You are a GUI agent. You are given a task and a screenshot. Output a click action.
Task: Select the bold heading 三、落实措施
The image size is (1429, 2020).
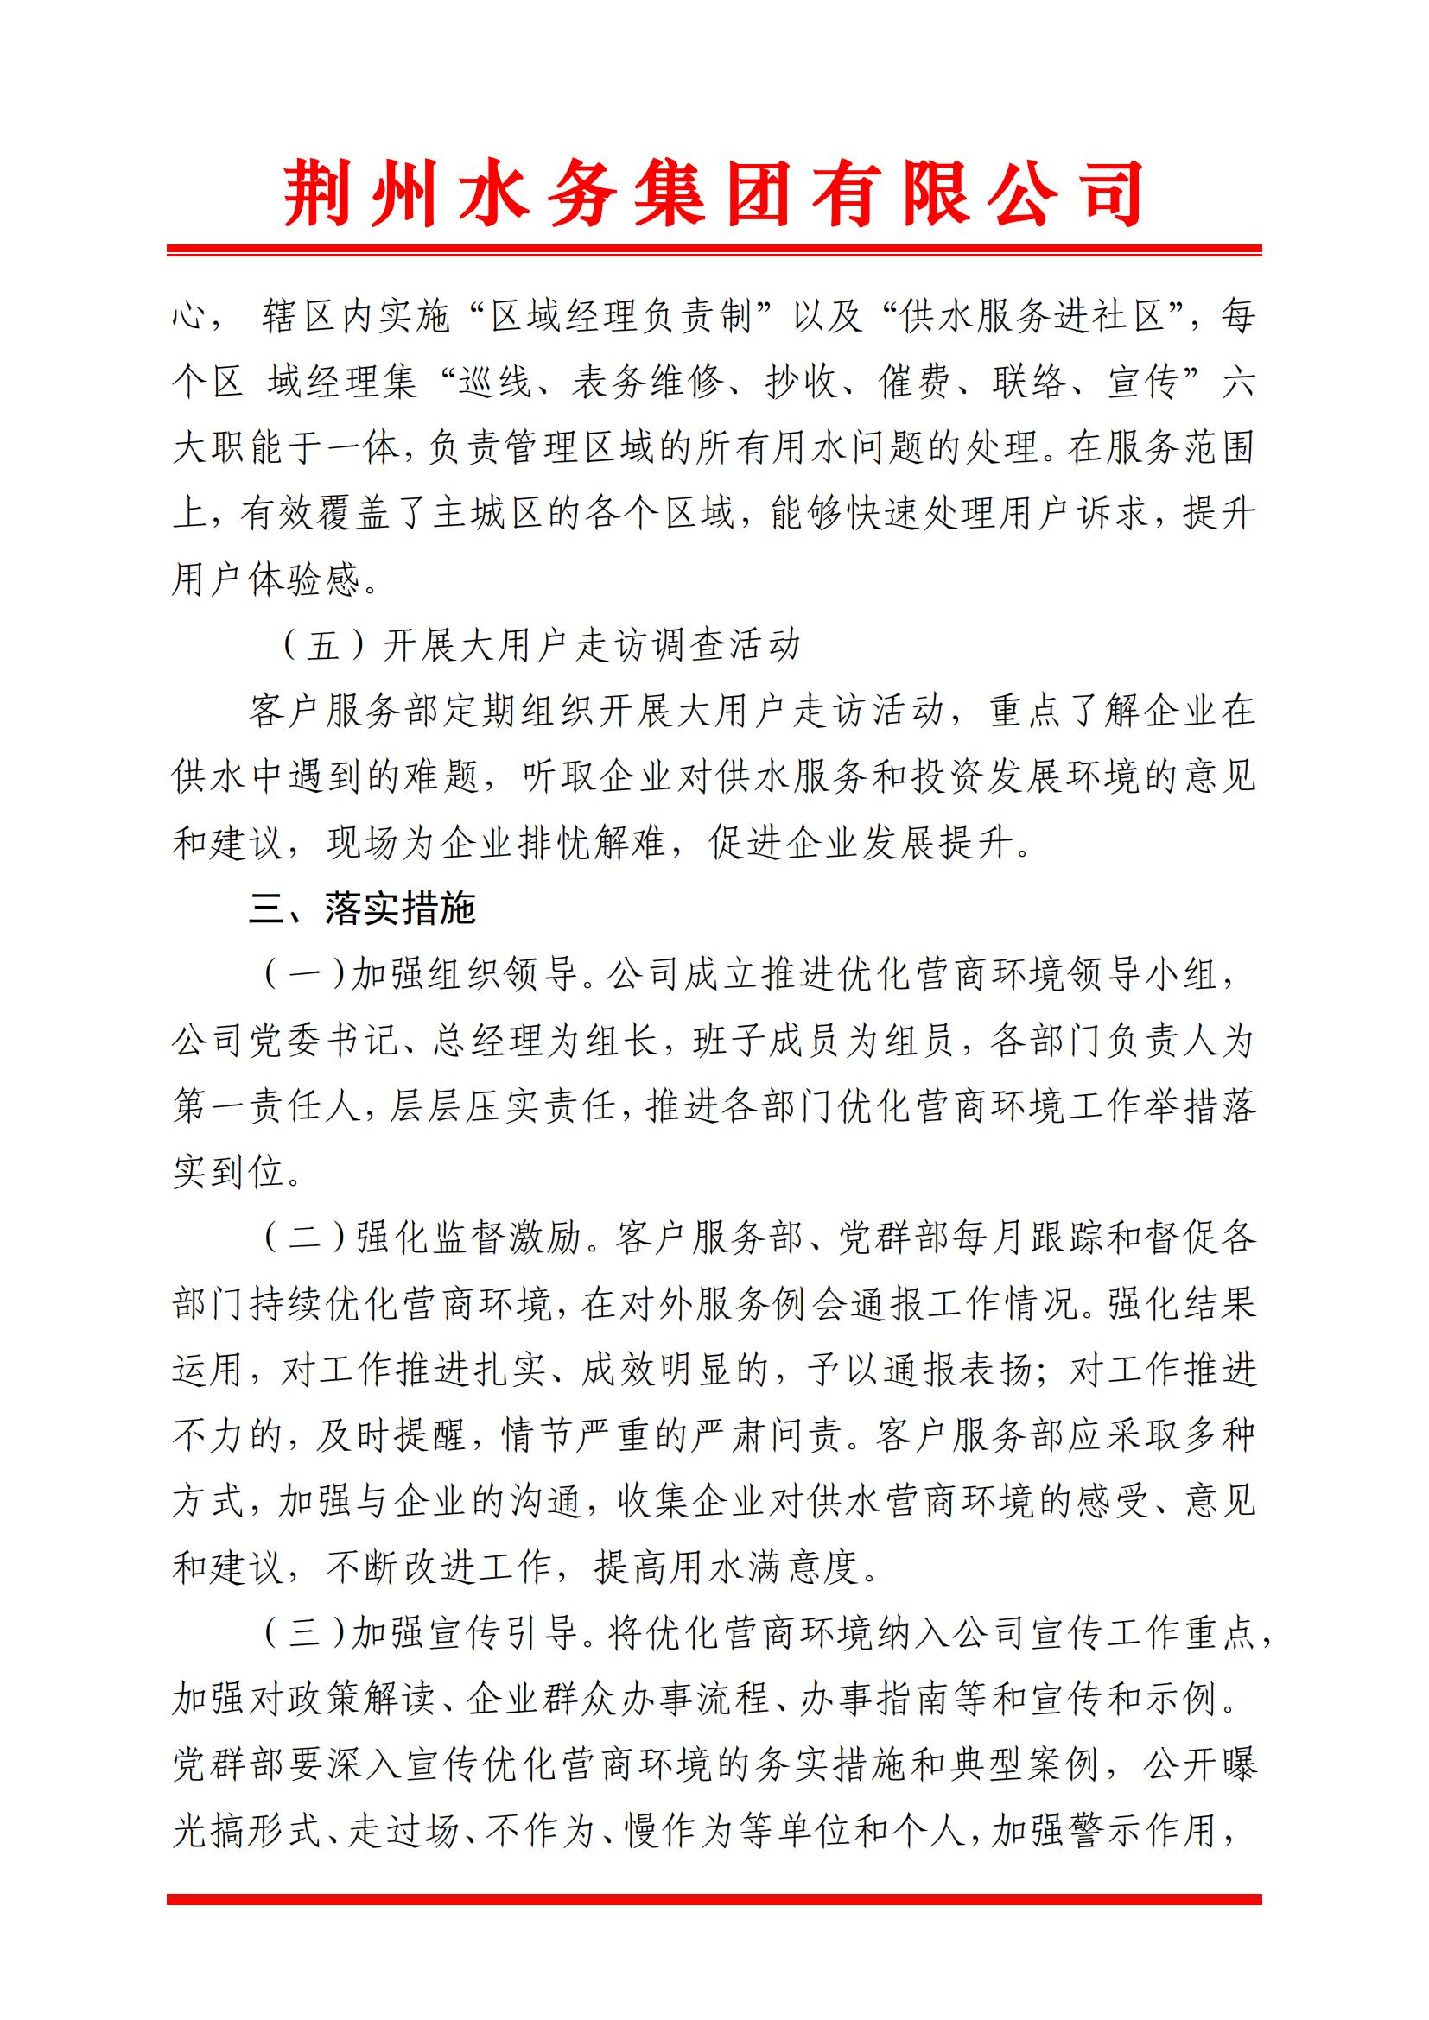pyautogui.click(x=362, y=909)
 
